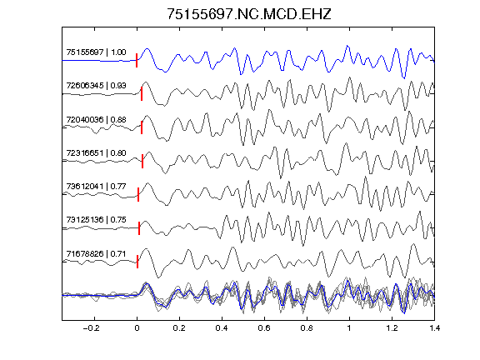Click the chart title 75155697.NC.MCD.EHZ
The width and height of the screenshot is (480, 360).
249,14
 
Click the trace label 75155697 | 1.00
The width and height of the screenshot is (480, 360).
96,52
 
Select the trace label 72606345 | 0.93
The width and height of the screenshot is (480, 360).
96,85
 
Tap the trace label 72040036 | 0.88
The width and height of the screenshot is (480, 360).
96,119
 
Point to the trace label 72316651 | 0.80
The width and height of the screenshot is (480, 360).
96,152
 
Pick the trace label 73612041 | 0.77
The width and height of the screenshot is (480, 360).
96,186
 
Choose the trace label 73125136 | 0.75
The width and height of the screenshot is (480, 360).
96,219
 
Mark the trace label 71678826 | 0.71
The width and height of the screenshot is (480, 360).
96,254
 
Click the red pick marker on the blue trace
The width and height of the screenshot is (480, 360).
137,60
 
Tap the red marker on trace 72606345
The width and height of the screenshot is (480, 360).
142,93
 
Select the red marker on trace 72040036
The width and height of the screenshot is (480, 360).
142,127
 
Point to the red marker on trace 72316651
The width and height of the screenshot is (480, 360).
142,161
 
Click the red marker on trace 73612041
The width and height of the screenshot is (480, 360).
138,194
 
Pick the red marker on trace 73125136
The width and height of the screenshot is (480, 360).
139,228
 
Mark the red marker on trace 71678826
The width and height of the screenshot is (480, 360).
137,262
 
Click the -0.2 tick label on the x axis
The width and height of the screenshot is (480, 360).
91,328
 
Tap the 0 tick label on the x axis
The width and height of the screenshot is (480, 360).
137,328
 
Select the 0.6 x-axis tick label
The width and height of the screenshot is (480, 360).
264,328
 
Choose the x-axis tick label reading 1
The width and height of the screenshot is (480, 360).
349,328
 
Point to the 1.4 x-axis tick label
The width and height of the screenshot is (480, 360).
435,328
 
